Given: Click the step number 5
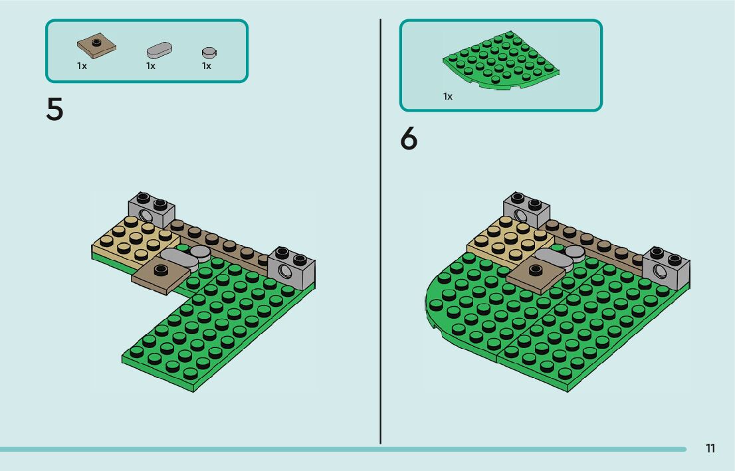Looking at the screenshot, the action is pos(54,110).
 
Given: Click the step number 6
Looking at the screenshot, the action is pos(409,139).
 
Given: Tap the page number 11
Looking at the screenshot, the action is pos(710,448).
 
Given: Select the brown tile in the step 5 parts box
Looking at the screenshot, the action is pos(97,47).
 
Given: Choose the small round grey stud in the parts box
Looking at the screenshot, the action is pos(209,52).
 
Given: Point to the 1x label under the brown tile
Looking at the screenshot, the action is pos(82,66).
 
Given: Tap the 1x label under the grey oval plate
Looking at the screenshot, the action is pos(151,66).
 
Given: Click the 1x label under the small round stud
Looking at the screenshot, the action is pos(207,66).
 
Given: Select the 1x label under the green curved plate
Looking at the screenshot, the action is pos(448,97).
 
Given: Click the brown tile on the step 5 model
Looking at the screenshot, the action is pos(159,274).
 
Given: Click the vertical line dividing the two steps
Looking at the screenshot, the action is pos(380,233).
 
